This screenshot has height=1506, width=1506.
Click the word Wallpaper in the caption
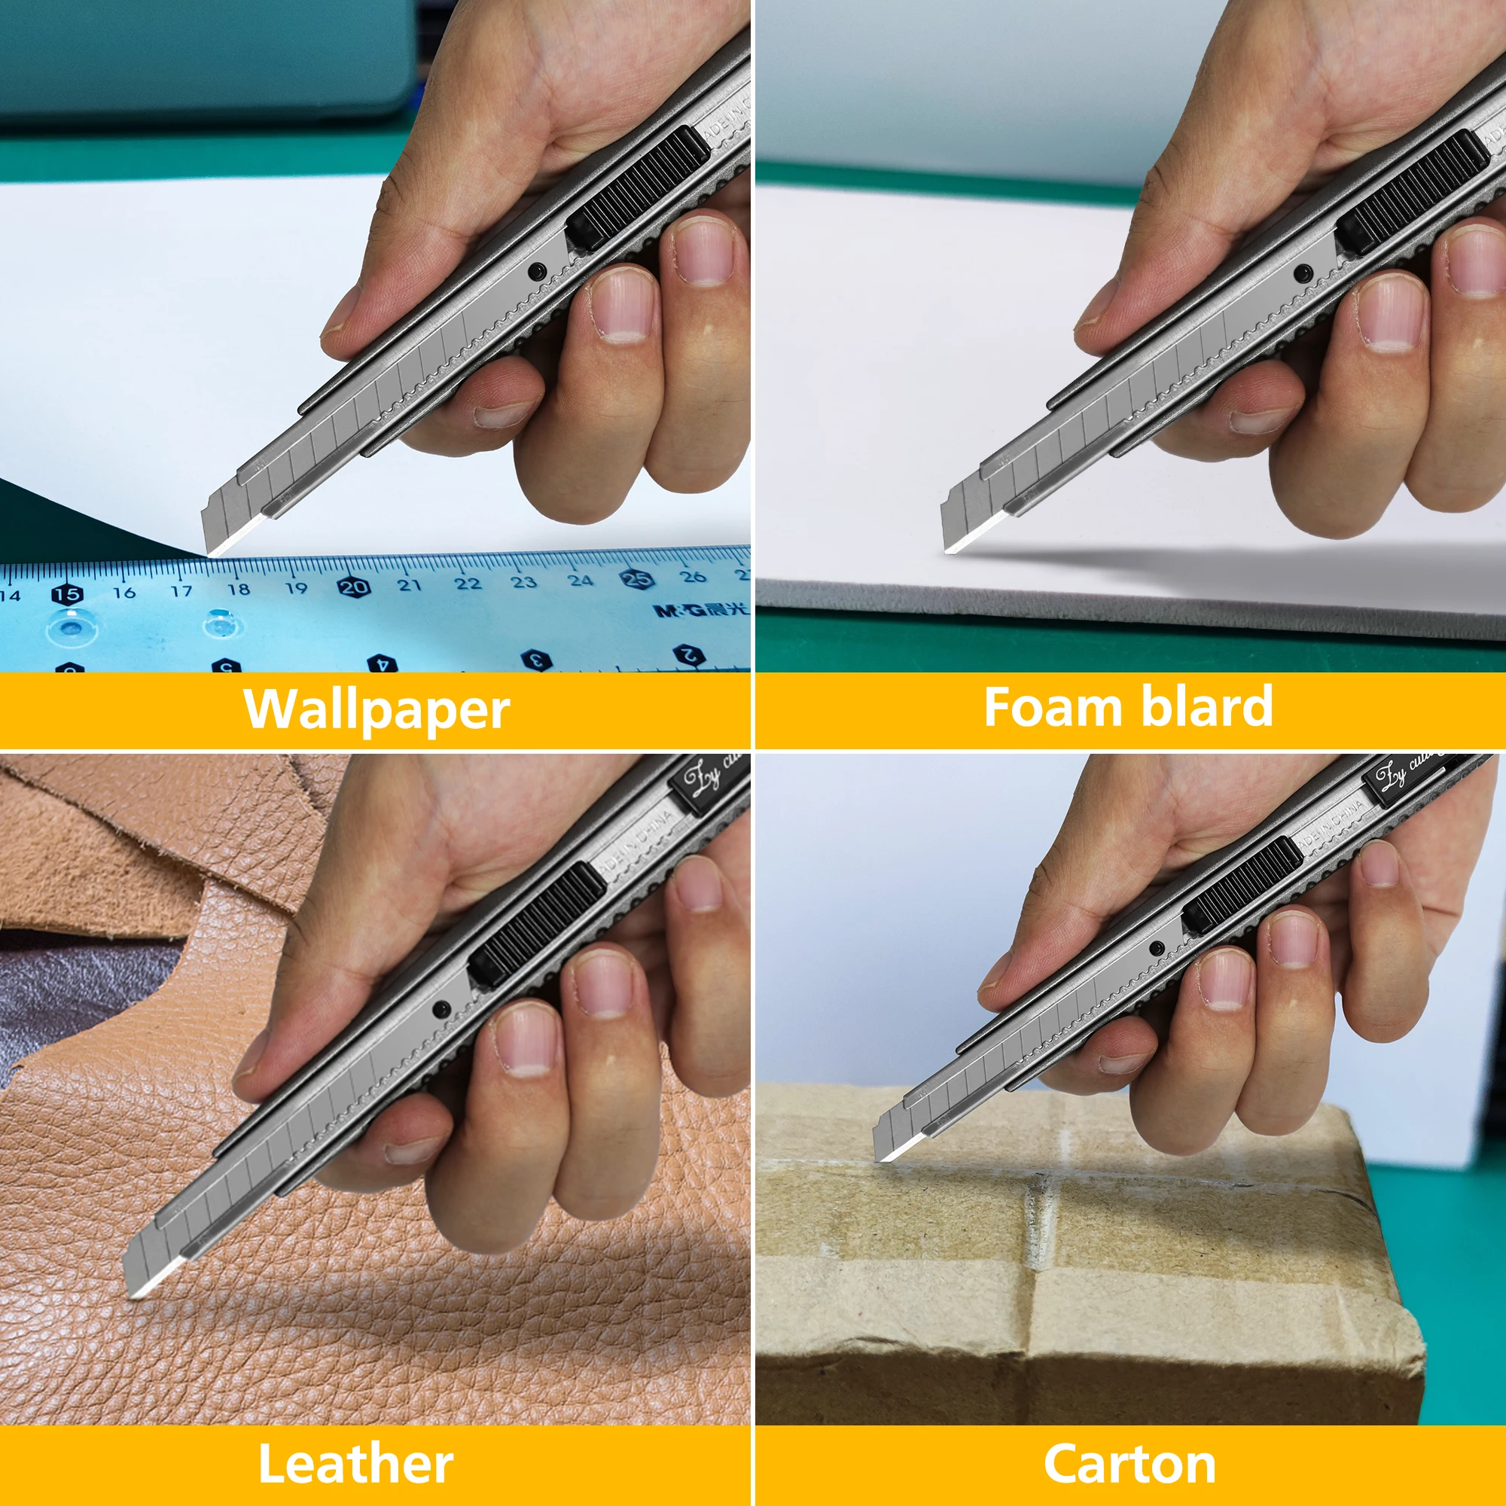[x=376, y=710]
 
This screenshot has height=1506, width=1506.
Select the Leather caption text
[x=355, y=1464]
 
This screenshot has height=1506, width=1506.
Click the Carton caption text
[x=1129, y=1464]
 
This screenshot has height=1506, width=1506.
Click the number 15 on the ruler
[x=67, y=594]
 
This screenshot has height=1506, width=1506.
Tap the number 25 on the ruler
[x=636, y=579]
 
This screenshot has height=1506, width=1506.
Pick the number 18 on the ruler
[x=239, y=590]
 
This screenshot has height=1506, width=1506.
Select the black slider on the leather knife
[x=536, y=925]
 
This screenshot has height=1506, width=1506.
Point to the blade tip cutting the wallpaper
[x=211, y=554]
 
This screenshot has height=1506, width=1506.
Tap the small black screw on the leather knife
[x=441, y=1011]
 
